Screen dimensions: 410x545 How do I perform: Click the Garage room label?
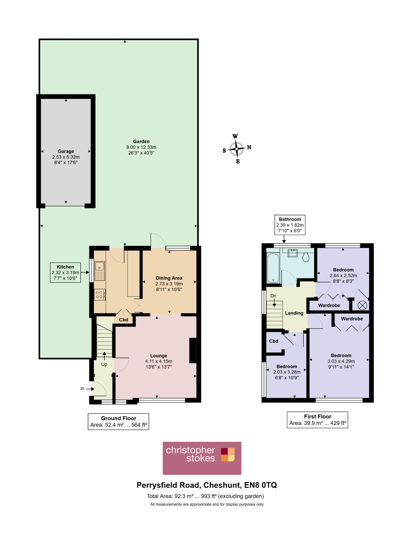[x=66, y=151]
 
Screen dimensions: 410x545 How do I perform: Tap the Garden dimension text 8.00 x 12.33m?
[x=141, y=147]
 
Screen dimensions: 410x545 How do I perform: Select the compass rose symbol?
[x=237, y=149]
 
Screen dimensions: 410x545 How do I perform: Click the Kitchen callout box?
[x=65, y=272]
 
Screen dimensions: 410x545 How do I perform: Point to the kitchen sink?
[x=100, y=271]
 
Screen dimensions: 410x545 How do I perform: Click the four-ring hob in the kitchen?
[x=100, y=294]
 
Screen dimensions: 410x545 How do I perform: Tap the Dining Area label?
[x=169, y=278]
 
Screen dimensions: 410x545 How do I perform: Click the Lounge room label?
[x=159, y=356]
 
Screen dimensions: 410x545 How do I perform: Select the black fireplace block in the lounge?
[x=193, y=350]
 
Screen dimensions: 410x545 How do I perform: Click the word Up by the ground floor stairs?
[x=104, y=364]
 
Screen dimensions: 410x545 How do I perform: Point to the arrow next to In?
[x=90, y=389]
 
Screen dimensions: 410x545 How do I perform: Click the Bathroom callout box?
[x=290, y=225]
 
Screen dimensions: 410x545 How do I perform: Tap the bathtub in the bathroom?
[x=273, y=268]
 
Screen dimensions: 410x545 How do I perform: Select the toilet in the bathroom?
[x=306, y=257]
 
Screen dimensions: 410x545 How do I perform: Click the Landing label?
[x=294, y=313]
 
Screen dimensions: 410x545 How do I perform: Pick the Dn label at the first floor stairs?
[x=273, y=296]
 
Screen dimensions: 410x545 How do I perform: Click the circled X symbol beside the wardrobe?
[x=362, y=305]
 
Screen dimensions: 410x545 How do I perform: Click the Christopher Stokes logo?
[x=202, y=458]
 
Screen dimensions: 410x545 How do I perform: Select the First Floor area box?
[x=318, y=420]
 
